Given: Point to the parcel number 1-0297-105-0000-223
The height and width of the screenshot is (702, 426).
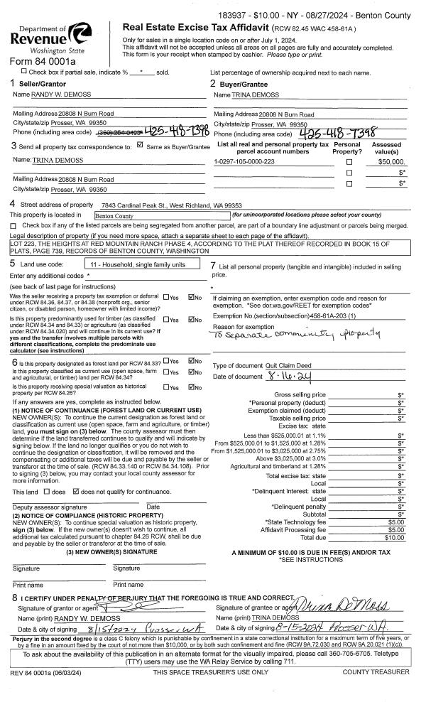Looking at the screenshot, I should tap(244, 162).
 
